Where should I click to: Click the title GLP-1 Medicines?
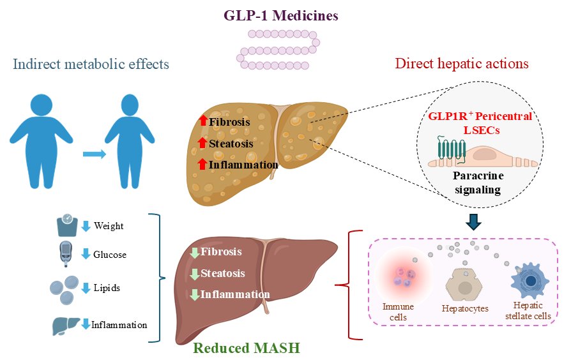coord(280,15)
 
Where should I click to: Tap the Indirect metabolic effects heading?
coord(90,64)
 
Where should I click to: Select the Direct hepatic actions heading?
coord(462,64)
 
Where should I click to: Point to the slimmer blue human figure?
coord(130,142)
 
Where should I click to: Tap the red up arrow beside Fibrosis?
coord(203,121)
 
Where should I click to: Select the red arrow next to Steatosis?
coord(203,143)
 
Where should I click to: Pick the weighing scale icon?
coord(67,227)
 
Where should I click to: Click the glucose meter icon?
coord(66,254)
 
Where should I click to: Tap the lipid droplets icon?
coord(65,289)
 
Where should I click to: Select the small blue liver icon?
coord(65,324)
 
